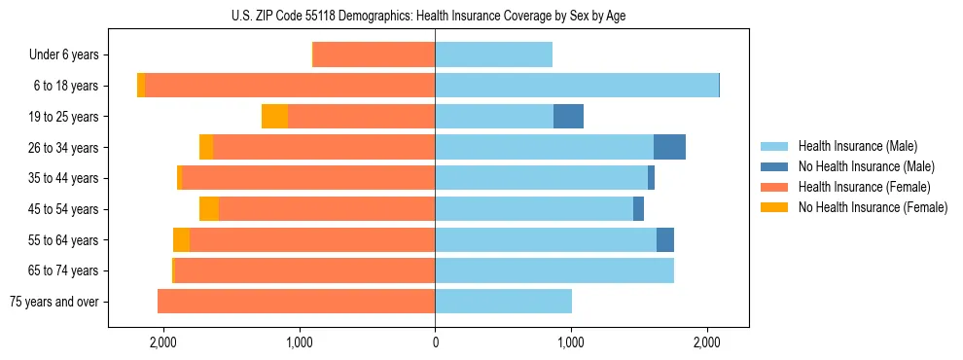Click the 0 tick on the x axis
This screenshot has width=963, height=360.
[x=435, y=342]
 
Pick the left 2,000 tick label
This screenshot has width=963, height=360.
[x=162, y=342]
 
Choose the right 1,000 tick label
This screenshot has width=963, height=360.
[x=570, y=342]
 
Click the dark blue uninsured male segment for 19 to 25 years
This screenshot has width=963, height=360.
[x=568, y=117]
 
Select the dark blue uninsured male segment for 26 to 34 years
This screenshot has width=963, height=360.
[x=669, y=147]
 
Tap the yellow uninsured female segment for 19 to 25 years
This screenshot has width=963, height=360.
[x=274, y=117]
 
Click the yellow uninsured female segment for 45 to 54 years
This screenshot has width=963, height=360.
[x=209, y=209]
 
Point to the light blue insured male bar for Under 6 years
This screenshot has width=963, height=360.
[x=493, y=54]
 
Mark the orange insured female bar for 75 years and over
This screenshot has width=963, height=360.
[x=296, y=302]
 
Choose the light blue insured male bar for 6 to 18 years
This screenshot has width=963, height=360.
[x=577, y=86]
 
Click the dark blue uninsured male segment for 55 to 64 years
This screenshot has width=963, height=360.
[x=665, y=239]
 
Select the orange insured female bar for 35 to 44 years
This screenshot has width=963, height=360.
[x=308, y=178]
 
